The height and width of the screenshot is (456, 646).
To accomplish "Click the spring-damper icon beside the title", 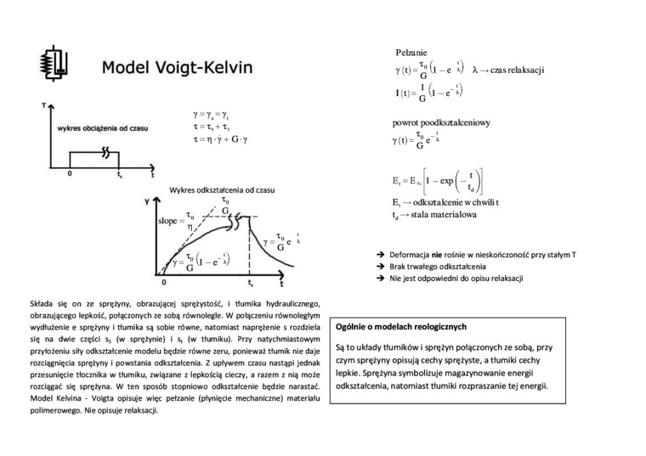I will pyautogui.click(x=54, y=64).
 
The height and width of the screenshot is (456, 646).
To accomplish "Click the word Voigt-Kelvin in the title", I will pyautogui.click(x=204, y=66).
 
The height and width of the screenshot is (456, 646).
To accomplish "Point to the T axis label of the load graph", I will pyautogui.click(x=43, y=105).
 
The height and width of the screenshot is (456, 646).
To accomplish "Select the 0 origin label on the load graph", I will pyautogui.click(x=69, y=174).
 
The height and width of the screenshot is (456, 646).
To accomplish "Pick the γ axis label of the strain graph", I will pyautogui.click(x=148, y=203).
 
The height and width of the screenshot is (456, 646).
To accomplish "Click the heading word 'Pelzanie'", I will pyautogui.click(x=411, y=53).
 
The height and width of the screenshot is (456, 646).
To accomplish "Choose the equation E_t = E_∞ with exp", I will pyautogui.click(x=433, y=181).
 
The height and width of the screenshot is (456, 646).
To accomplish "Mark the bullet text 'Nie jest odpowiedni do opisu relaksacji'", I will pyautogui.click(x=456, y=279).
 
